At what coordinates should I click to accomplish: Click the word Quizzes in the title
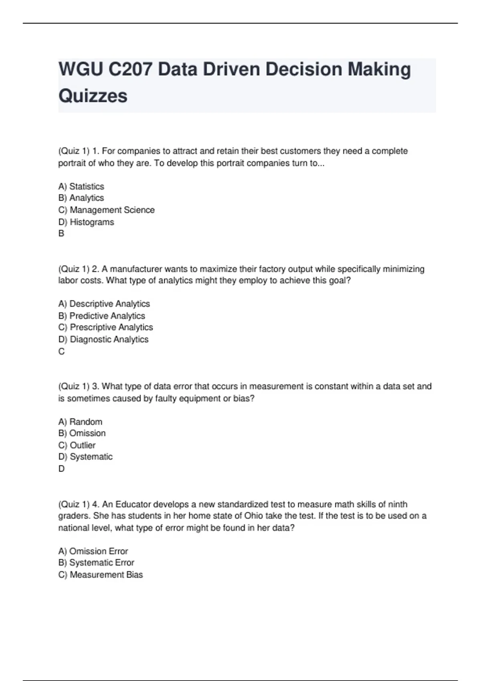tap(93, 96)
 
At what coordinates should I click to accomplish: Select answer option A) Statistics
tap(81, 186)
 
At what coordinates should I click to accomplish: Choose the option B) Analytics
tap(81, 198)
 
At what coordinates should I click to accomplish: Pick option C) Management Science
tap(106, 210)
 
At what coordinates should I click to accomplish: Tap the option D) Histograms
tap(86, 222)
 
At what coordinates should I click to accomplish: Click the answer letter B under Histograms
tap(61, 234)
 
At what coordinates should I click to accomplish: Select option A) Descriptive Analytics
tap(104, 304)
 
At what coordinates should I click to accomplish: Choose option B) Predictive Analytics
tap(102, 316)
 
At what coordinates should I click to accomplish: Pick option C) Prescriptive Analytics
tap(105, 327)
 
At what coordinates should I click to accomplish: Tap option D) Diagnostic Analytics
tap(103, 339)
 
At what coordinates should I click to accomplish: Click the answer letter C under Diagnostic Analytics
tap(61, 351)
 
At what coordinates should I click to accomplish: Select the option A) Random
tap(80, 421)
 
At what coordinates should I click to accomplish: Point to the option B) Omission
tap(82, 433)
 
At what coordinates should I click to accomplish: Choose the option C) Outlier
tap(77, 445)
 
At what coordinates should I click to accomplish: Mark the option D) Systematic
tap(85, 457)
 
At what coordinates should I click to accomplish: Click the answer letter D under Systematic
tap(61, 469)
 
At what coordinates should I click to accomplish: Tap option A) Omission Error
tap(93, 551)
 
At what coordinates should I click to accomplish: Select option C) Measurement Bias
tap(101, 574)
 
